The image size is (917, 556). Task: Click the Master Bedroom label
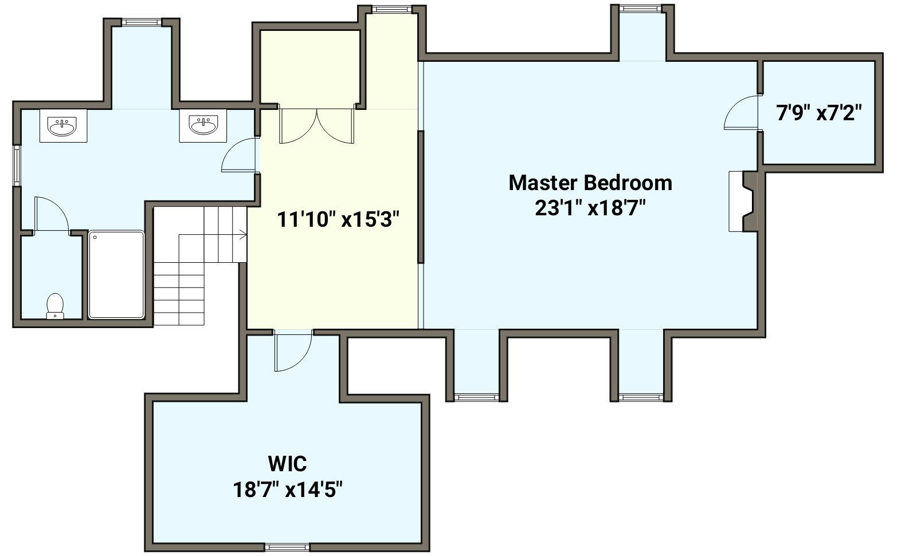click(590, 183)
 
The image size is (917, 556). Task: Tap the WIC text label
click(287, 464)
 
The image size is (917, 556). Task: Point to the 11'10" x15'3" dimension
click(338, 219)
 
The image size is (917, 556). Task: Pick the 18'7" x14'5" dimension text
click(287, 490)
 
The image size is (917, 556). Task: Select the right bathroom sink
click(203, 125)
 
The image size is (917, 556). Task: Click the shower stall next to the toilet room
click(116, 274)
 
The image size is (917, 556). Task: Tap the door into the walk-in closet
click(293, 351)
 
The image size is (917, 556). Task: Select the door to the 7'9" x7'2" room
click(741, 112)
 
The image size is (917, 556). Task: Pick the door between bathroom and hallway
click(240, 155)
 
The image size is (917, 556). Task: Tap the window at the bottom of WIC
click(287, 547)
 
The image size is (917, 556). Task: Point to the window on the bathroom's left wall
click(17, 165)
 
